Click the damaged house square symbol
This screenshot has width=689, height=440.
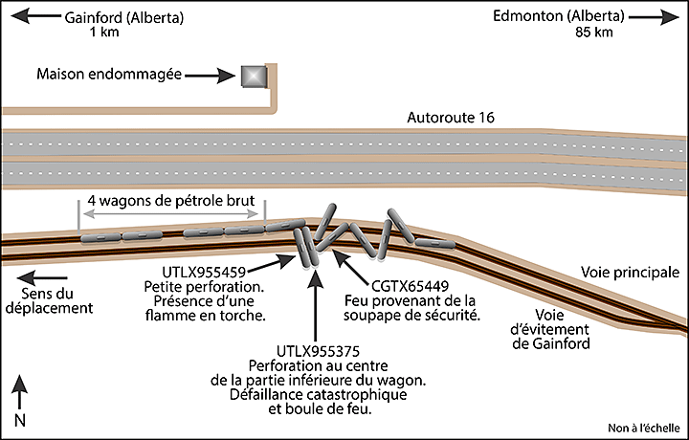[x=252, y=75]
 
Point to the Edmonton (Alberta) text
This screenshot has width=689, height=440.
[x=559, y=16]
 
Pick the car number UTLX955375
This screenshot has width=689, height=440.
[x=314, y=351]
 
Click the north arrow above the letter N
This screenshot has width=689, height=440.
[x=19, y=393]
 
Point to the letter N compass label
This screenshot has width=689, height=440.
[x=19, y=420]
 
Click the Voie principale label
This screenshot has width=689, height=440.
[x=624, y=274]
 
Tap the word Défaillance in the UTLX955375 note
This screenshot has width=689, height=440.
[x=278, y=395]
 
